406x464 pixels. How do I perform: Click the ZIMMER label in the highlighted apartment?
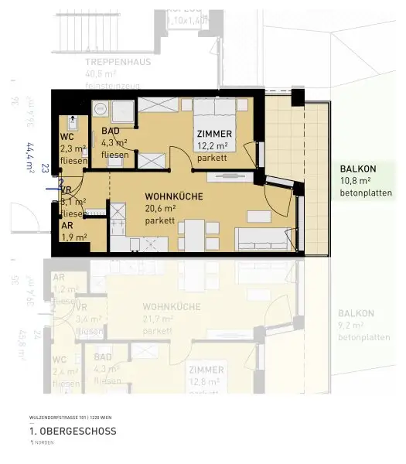coord(214,134)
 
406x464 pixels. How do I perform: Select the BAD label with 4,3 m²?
coord(110,131)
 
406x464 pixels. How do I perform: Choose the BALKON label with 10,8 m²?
coord(357,170)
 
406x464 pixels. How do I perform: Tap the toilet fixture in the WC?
coord(71,123)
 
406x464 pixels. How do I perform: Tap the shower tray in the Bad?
coord(121,112)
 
